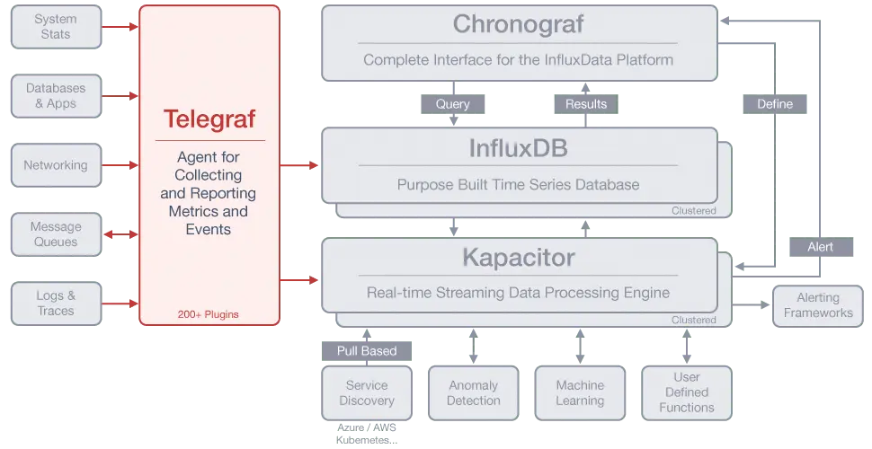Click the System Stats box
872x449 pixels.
(56, 27)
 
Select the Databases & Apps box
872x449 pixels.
(56, 96)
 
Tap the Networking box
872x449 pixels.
(56, 165)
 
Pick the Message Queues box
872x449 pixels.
(56, 234)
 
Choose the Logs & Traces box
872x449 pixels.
(56, 304)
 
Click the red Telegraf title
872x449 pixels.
(209, 119)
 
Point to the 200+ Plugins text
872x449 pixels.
(208, 314)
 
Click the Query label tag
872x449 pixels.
(453, 104)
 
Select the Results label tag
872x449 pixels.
(586, 104)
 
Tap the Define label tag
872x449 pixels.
(775, 104)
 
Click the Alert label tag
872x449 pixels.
(822, 247)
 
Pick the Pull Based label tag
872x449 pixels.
(367, 351)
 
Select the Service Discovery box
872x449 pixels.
(367, 393)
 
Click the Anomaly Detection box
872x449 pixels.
(474, 393)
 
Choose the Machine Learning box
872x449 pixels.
(580, 393)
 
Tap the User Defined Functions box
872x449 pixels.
(687, 393)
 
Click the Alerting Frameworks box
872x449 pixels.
(818, 305)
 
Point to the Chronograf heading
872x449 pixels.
(519, 24)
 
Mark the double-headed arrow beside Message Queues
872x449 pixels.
(120, 234)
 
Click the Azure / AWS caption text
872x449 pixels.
(367, 427)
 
